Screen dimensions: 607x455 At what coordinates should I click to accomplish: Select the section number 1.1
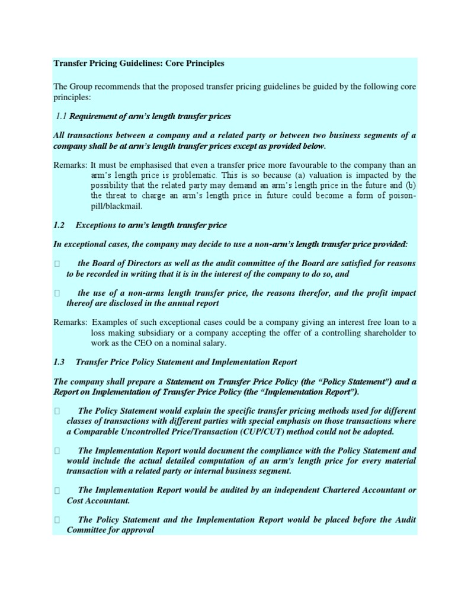click(x=62, y=116)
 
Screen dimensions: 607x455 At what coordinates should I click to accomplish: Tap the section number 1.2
click(x=60, y=225)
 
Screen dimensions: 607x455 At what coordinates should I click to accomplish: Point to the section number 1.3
click(x=60, y=362)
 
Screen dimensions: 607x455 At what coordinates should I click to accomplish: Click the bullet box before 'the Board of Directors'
click(x=57, y=263)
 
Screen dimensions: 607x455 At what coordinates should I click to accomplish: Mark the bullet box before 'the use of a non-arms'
click(x=57, y=293)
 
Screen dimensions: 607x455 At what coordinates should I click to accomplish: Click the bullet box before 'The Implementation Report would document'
click(x=57, y=451)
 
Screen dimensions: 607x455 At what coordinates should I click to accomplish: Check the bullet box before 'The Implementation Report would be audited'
click(x=57, y=490)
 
